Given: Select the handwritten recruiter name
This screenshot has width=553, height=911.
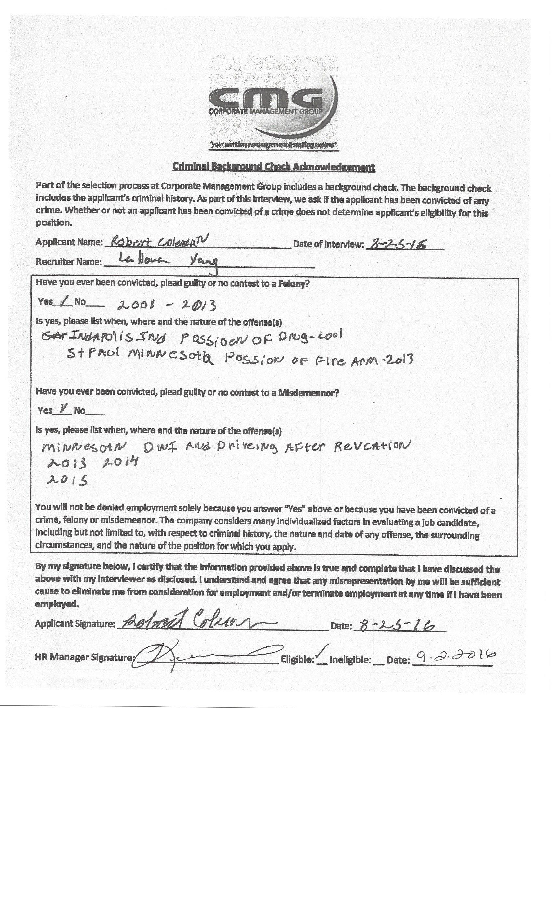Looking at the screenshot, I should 168,262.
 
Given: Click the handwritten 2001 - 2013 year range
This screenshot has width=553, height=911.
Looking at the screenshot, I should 166,305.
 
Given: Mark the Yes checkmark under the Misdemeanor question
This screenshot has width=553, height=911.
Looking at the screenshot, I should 64,409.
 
